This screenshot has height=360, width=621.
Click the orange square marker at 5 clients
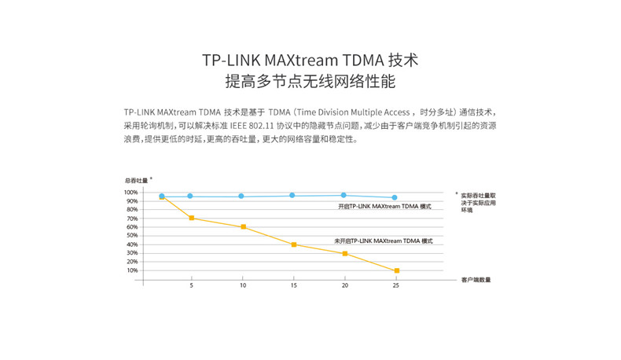click(x=192, y=218)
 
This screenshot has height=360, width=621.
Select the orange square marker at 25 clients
click(x=396, y=270)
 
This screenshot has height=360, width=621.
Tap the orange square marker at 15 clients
click(x=294, y=244)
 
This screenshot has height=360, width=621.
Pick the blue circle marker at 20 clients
click(x=344, y=195)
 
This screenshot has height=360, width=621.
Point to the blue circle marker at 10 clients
click(x=241, y=196)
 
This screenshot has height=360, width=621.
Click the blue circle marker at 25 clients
click(x=395, y=197)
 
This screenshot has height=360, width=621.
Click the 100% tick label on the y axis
click(x=130, y=192)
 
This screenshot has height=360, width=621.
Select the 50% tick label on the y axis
click(x=132, y=236)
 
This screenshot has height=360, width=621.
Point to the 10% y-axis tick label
click(x=132, y=270)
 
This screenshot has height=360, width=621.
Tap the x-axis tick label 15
click(x=293, y=286)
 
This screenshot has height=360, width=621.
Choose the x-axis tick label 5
click(x=191, y=286)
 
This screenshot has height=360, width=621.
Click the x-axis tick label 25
click(x=395, y=286)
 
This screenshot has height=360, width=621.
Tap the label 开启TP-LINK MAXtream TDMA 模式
click(x=385, y=206)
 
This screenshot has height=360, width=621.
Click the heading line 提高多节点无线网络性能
click(x=310, y=81)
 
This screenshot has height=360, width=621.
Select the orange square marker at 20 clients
click(x=345, y=253)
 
